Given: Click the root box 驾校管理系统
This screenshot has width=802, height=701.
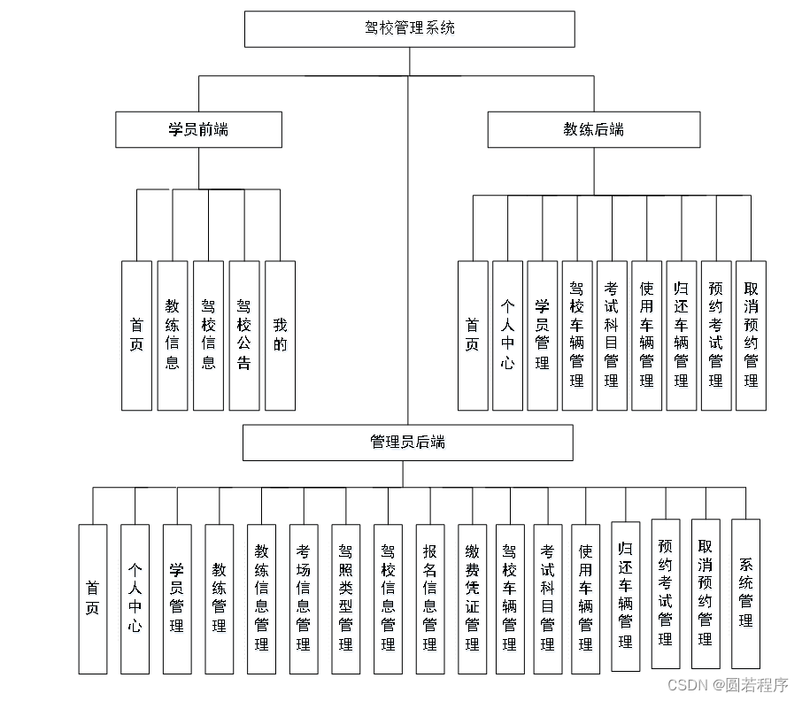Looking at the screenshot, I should [409, 28].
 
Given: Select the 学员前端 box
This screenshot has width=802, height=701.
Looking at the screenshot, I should [198, 129].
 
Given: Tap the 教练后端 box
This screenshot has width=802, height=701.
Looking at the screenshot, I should [593, 129].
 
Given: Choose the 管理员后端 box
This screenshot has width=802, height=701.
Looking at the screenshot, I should [407, 443].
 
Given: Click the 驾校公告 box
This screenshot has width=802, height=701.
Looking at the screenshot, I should [244, 335].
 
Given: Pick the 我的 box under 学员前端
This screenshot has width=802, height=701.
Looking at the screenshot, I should [280, 335].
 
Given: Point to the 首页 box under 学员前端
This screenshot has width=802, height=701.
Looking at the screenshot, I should [136, 335].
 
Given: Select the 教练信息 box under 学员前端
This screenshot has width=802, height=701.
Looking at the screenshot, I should [173, 335].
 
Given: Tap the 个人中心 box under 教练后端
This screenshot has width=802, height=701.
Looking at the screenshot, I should [507, 335].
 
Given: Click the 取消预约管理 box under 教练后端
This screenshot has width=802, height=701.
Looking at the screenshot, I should [751, 335].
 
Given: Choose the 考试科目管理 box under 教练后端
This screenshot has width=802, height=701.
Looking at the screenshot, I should [612, 335].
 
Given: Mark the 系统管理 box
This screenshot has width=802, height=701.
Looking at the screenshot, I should [745, 594].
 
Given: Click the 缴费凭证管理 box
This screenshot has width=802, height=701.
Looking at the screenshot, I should [472, 599].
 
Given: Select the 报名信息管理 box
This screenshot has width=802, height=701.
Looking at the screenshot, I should [430, 599].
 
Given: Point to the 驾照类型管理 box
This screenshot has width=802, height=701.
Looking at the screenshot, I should [345, 599].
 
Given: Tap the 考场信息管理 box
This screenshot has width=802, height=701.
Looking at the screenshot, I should [304, 599].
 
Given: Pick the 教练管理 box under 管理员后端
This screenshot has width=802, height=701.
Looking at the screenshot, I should [220, 599].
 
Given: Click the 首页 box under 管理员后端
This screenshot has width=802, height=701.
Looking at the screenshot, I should [93, 599].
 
